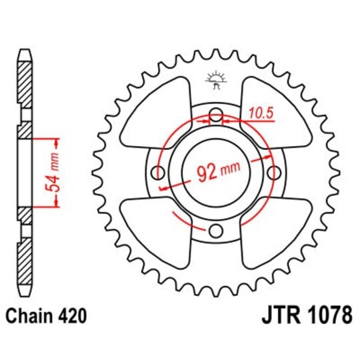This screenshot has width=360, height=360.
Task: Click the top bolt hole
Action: click(215, 117)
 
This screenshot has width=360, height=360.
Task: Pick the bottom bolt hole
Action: click(215, 231)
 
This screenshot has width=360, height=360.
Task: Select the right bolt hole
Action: click(273, 173)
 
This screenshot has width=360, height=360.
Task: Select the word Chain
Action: click(31, 315)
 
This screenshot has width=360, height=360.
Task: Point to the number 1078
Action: click(327, 315)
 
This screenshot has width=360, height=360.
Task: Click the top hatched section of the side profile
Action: click(25, 83)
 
